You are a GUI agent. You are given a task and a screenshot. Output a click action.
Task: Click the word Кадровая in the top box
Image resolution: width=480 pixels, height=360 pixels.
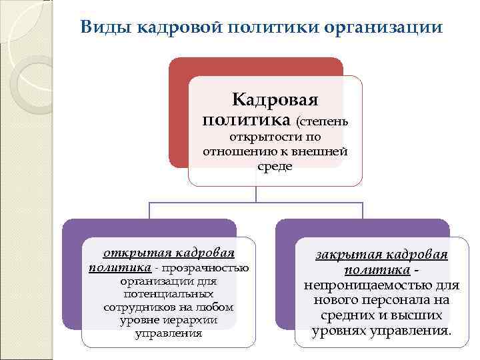274,100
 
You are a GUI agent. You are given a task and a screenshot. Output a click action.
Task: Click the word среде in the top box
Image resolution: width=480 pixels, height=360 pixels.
275,166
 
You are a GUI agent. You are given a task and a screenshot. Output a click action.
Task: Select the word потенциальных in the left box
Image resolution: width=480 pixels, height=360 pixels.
168,294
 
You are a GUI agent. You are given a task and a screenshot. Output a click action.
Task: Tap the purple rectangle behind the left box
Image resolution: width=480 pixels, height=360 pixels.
72,280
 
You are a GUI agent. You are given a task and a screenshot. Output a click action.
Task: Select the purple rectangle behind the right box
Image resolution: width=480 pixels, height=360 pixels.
285,280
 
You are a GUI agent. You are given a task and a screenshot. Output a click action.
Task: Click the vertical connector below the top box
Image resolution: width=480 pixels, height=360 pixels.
256,194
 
